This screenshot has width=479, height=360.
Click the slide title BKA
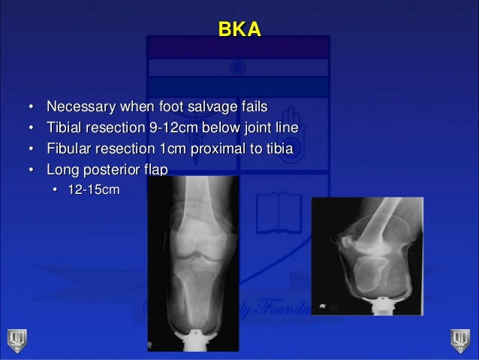tap(239, 30)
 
